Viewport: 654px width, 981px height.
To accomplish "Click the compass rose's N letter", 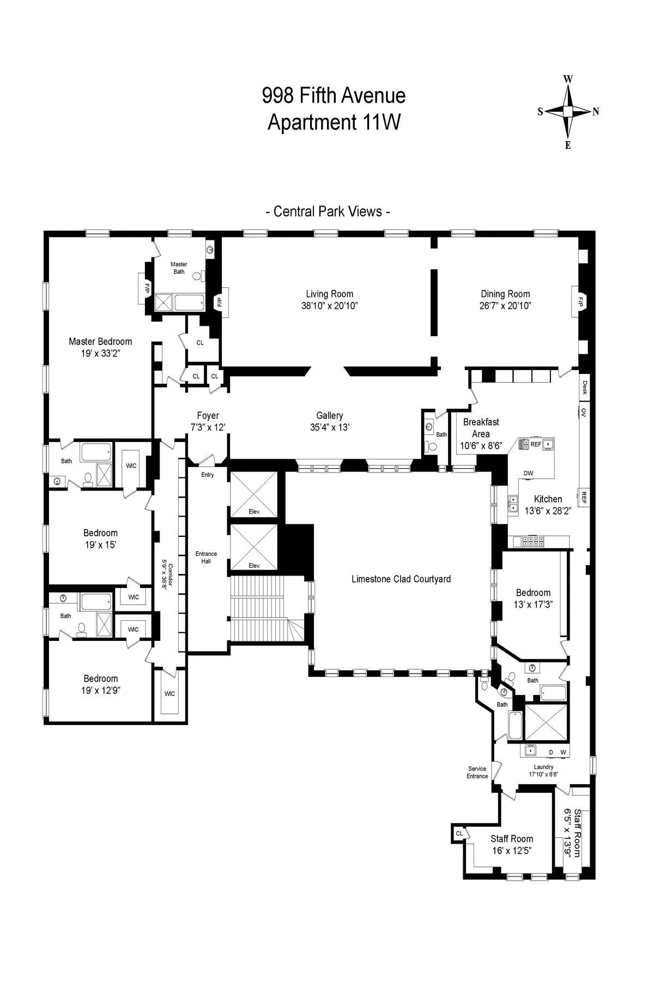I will tap(596, 112).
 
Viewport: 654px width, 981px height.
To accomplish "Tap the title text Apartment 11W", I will tap(334, 122).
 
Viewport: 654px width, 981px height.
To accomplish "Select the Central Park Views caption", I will tap(328, 211).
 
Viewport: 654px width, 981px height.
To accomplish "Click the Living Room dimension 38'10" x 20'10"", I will tap(329, 306).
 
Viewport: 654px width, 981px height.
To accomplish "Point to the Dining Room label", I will tap(505, 294).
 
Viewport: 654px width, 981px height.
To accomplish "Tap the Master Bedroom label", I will tap(100, 342).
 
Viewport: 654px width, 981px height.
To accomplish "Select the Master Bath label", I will tap(179, 268).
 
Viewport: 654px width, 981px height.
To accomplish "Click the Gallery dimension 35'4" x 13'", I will tap(329, 428).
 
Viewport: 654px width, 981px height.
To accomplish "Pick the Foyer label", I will tap(207, 416).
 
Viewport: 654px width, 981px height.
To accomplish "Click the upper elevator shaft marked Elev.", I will tap(254, 493).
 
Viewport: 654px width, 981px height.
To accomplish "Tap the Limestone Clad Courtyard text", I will tap(401, 579).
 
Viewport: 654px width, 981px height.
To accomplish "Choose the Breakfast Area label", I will tap(481, 428).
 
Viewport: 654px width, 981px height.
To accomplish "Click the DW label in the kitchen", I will tap(528, 473).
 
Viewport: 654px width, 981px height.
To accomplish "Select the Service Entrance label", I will tap(477, 772).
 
